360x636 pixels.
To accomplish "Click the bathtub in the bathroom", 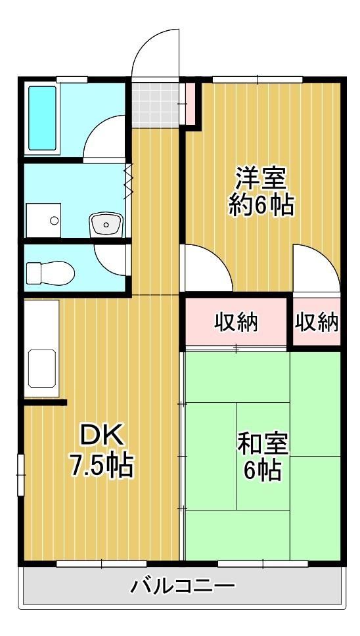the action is click(x=42, y=118).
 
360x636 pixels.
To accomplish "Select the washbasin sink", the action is click(x=106, y=224).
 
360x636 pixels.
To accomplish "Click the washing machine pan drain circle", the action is click(x=55, y=221).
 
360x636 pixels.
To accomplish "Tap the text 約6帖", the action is click(x=261, y=206).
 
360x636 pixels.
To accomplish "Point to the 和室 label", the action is click(x=262, y=443).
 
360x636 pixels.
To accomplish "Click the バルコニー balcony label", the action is click(x=183, y=585).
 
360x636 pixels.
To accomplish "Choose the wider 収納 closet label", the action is click(x=236, y=323).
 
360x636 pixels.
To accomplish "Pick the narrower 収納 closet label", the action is click(x=316, y=323).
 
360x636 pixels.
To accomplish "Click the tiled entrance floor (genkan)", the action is click(x=155, y=105).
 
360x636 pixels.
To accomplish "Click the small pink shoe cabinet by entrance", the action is click(x=189, y=104).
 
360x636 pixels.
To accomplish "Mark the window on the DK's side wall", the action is click(x=20, y=474).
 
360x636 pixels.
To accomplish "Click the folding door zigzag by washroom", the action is click(x=129, y=181).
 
